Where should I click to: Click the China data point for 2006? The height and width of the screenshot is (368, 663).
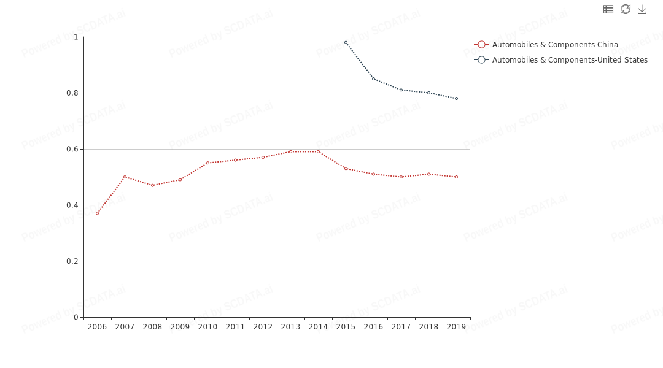(x=97, y=213)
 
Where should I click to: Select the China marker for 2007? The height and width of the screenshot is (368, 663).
(x=125, y=177)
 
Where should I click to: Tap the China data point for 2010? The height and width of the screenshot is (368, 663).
(x=207, y=163)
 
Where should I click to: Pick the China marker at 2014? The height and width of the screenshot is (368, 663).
(x=318, y=151)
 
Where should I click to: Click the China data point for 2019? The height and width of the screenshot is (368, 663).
(x=456, y=177)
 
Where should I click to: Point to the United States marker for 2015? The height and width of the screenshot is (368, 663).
(x=346, y=42)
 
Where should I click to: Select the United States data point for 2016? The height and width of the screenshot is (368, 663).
(x=373, y=79)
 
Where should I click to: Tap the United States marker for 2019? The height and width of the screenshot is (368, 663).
(x=456, y=98)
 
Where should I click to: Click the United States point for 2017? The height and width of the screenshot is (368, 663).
(x=401, y=90)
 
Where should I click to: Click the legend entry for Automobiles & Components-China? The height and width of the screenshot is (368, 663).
(x=546, y=45)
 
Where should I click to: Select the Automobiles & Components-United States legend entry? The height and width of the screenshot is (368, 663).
(x=561, y=60)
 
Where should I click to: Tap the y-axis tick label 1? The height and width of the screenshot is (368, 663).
(x=76, y=37)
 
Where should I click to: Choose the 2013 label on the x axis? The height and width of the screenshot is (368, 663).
(x=290, y=327)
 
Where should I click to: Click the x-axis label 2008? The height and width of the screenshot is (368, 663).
(x=152, y=327)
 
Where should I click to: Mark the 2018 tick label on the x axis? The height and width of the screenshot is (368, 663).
(x=428, y=327)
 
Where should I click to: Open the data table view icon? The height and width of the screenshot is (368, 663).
(x=608, y=9)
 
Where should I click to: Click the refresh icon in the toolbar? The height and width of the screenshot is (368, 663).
(x=626, y=9)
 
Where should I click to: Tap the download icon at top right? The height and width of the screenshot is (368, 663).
(x=642, y=9)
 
